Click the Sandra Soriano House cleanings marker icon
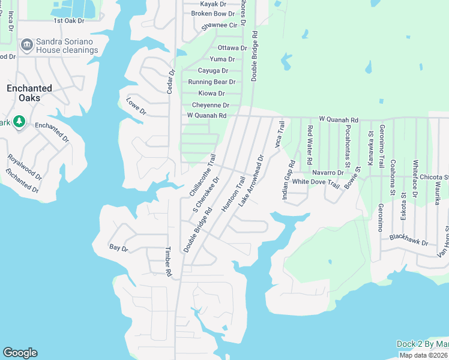click(26, 46)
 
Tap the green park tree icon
click(19, 122)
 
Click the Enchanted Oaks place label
click(29, 93)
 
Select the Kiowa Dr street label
click(211, 94)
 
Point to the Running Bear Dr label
click(211, 82)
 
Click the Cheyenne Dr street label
click(206, 105)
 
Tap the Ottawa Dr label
click(232, 48)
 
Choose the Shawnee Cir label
click(219, 26)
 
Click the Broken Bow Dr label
click(212, 14)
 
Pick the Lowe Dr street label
click(137, 107)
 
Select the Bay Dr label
click(119, 247)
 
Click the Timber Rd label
click(169, 262)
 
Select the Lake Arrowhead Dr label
click(252, 181)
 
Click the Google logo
click(20, 353)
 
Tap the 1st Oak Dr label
click(69, 20)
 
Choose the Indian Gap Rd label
click(289, 181)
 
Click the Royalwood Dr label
click(25, 167)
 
